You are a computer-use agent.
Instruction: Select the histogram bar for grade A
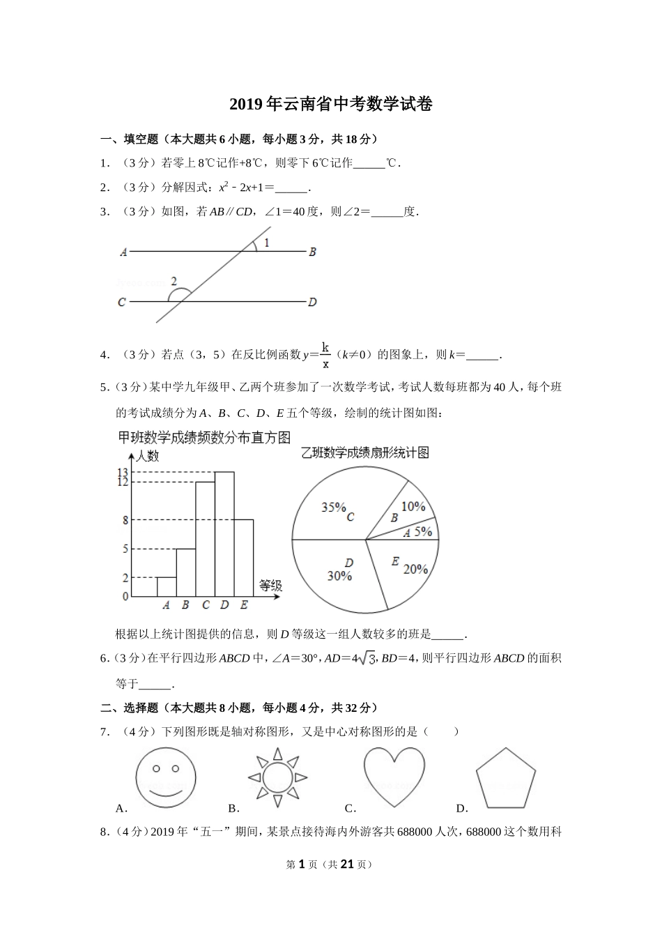pyautogui.click(x=166, y=587)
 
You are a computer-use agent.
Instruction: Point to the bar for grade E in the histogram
pyautogui.click(x=244, y=558)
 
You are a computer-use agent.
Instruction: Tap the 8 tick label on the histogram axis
pyautogui.click(x=125, y=520)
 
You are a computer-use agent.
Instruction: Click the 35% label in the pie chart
pyautogui.click(x=334, y=508)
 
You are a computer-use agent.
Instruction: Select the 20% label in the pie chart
pyautogui.click(x=415, y=569)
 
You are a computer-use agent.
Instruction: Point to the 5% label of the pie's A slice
pyautogui.click(x=424, y=531)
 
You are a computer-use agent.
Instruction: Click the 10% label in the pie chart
pyautogui.click(x=413, y=506)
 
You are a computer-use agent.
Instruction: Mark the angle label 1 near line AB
pyautogui.click(x=267, y=243)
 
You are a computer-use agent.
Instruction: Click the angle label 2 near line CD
pyautogui.click(x=174, y=282)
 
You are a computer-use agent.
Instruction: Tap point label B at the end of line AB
pyautogui.click(x=313, y=252)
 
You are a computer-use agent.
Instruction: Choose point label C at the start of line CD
pyautogui.click(x=122, y=303)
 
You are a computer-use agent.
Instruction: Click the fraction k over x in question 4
pyautogui.click(x=325, y=354)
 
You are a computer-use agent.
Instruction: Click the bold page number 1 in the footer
pyautogui.click(x=302, y=864)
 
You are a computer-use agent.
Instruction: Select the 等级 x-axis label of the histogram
pyautogui.click(x=270, y=586)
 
